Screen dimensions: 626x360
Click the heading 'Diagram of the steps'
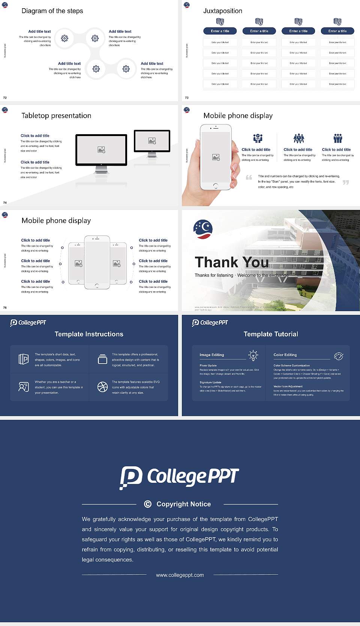pos(52,11)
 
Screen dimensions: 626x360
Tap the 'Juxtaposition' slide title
pos(222,11)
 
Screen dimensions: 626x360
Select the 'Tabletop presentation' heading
pos(56,115)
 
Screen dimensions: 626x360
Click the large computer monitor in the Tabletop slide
pos(101,150)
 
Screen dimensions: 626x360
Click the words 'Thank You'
pos(231,262)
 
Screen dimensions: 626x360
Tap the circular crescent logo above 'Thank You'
pos(203,229)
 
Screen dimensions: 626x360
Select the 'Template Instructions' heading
pos(89,334)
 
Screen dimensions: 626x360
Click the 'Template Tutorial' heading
pos(271,334)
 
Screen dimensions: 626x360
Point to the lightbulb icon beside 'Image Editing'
pos(253,355)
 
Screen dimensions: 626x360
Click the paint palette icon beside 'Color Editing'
pos(338,356)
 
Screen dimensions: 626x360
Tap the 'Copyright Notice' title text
pos(183,504)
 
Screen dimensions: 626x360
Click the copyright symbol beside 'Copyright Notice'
pos(148,504)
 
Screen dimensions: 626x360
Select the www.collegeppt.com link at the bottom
pos(180,575)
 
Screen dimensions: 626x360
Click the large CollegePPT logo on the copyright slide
pos(179,477)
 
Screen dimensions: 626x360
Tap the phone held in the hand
pos(216,157)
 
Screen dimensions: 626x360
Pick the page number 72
pos(5,98)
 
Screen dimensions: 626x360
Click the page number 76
pos(5,308)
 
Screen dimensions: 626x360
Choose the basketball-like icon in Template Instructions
pos(102,387)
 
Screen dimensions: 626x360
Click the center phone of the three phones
pos(97,262)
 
